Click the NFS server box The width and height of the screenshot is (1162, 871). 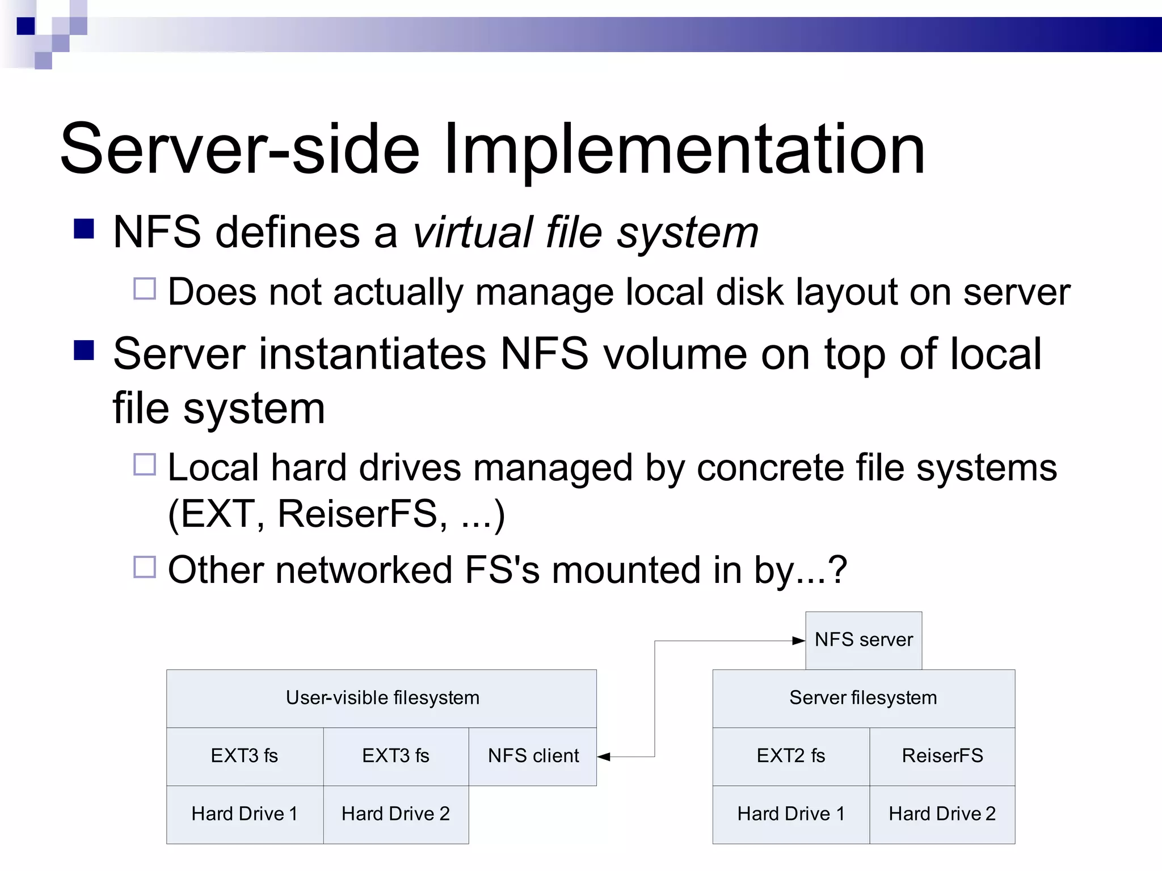864,640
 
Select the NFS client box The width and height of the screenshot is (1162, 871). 533,756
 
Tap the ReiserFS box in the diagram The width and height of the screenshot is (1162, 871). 942,756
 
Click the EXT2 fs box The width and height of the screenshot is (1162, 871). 791,756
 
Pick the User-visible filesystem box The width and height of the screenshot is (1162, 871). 382,698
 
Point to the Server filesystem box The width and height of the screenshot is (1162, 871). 863,698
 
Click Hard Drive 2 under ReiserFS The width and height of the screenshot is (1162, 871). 942,814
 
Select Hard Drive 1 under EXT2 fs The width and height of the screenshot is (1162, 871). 791,814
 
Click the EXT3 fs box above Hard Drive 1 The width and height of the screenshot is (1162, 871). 245,756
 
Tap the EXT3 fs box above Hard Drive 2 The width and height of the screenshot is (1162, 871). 396,756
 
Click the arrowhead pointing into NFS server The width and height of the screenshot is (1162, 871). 799,641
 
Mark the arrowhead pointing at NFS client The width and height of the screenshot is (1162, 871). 604,756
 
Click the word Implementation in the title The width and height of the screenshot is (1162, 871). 684,150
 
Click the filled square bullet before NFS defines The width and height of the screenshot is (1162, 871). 84,229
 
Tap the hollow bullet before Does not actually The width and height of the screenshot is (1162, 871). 145,289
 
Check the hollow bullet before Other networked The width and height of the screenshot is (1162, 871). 145,566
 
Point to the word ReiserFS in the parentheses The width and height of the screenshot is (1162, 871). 357,514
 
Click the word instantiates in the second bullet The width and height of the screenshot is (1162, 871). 373,354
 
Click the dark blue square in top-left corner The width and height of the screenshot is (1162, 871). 26,26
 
